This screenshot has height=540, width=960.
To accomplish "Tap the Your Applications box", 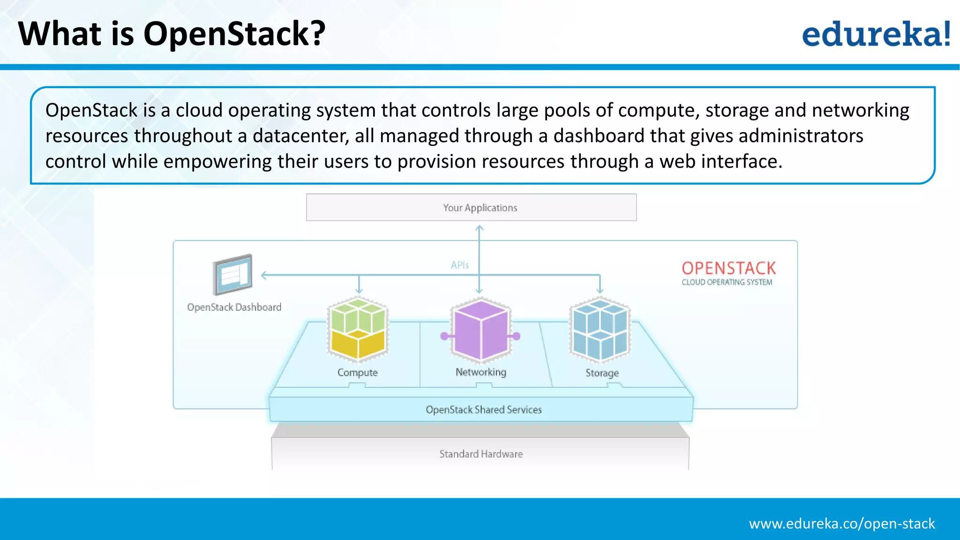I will [471, 207].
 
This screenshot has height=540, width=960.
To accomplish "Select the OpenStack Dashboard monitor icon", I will [232, 275].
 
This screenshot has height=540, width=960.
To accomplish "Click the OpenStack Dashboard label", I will [234, 307].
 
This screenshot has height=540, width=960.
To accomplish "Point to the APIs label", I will [459, 265].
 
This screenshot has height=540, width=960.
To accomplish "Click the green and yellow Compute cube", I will [358, 330].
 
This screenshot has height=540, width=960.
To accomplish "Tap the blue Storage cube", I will [600, 330].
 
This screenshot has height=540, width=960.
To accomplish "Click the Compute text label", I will [357, 372].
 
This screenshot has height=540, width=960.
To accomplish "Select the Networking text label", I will [480, 372].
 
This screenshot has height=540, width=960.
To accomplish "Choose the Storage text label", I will [602, 373].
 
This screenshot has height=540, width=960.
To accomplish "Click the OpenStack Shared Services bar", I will [483, 410].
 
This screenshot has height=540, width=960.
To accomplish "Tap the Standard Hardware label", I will [481, 454].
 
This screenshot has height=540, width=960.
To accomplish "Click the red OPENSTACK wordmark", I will [728, 268].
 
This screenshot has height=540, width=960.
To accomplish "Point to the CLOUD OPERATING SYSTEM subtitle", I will [727, 282].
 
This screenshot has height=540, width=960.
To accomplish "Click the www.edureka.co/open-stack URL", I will [841, 523].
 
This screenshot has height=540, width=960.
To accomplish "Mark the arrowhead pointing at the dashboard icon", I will [264, 275].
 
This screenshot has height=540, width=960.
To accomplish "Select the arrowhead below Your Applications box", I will [479, 228].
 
